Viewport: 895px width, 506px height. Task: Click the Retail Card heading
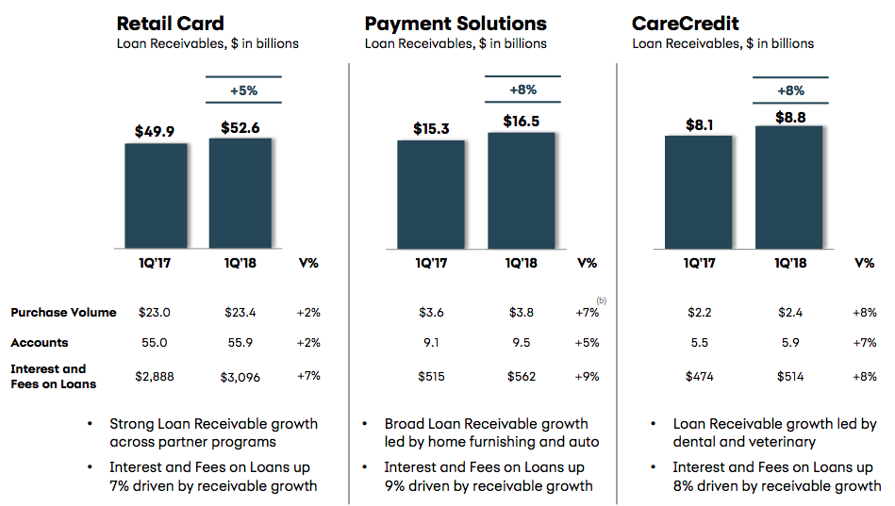(x=170, y=24)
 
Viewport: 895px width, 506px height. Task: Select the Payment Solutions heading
(x=456, y=24)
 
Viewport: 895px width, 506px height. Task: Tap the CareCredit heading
(x=685, y=24)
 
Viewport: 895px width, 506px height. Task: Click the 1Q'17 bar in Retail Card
(x=156, y=196)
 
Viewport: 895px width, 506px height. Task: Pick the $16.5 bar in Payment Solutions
(x=522, y=190)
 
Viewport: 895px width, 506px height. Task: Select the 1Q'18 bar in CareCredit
(x=788, y=188)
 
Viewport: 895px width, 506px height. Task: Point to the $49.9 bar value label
(x=154, y=131)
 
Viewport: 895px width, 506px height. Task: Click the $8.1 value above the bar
(x=699, y=124)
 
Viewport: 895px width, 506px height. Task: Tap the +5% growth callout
(x=243, y=90)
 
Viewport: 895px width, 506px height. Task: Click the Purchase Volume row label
(x=63, y=312)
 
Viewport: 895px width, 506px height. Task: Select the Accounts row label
(x=40, y=342)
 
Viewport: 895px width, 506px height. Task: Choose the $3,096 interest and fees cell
(x=240, y=377)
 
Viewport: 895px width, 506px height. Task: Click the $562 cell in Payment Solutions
(x=522, y=377)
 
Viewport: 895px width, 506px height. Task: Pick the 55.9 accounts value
(x=240, y=342)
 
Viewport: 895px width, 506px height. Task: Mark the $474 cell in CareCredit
(x=699, y=377)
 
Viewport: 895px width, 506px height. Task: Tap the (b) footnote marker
(x=602, y=300)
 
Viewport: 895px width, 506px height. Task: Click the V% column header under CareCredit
(x=864, y=263)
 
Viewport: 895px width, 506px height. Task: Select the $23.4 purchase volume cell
(x=240, y=312)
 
